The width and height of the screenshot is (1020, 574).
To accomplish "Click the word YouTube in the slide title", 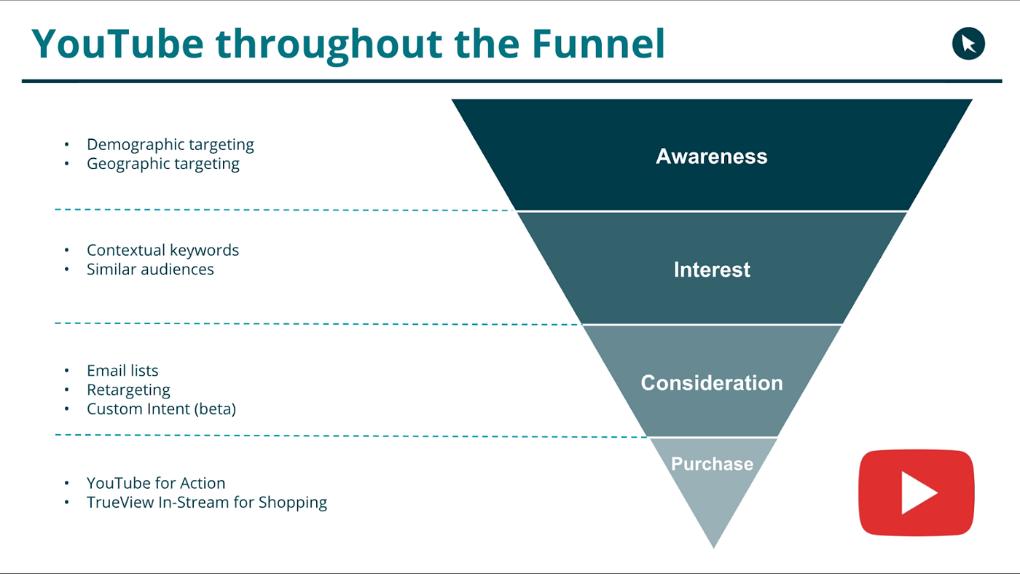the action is (x=117, y=44).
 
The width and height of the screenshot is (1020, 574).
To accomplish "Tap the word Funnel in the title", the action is (x=598, y=44).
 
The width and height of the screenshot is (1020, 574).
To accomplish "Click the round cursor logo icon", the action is (x=968, y=44).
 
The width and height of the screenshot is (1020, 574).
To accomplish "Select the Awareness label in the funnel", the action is (x=711, y=156).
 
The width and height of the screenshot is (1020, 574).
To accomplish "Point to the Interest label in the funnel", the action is (x=712, y=270).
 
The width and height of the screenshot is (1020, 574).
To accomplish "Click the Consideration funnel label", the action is (x=712, y=383).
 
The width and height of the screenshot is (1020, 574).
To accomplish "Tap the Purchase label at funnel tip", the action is (x=713, y=464).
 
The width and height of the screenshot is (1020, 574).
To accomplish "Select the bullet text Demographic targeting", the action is (x=170, y=145).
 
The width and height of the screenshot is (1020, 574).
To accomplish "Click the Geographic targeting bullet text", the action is (x=163, y=164).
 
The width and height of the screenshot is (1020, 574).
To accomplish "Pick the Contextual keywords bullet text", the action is (x=162, y=251).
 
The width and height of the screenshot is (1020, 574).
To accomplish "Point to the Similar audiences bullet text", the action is (x=150, y=270).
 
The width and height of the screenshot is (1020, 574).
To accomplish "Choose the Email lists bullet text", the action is (x=122, y=371).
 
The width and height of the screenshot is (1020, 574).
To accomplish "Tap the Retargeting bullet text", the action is (x=128, y=390).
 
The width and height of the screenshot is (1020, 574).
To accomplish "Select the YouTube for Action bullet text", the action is (x=156, y=483).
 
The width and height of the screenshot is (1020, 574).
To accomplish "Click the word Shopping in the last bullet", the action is (x=293, y=503).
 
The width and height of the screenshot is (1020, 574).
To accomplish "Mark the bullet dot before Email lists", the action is (x=67, y=371).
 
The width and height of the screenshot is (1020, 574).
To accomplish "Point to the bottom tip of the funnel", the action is (x=713, y=548).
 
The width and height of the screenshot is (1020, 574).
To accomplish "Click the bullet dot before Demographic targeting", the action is (x=67, y=145).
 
